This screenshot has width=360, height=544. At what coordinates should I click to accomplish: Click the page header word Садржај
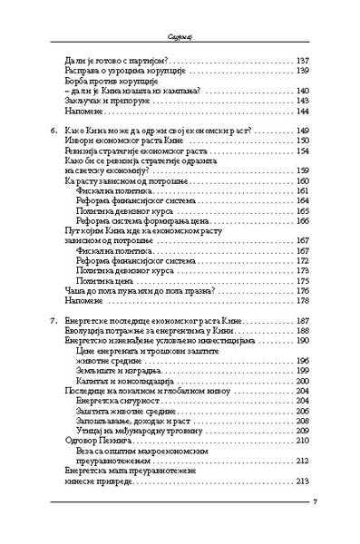click(x=180, y=14)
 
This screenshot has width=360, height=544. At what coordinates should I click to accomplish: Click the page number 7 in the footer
click(x=313, y=527)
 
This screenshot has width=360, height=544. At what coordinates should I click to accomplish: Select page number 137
click(x=303, y=61)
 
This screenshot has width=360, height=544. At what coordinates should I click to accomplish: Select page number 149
click(x=303, y=131)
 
